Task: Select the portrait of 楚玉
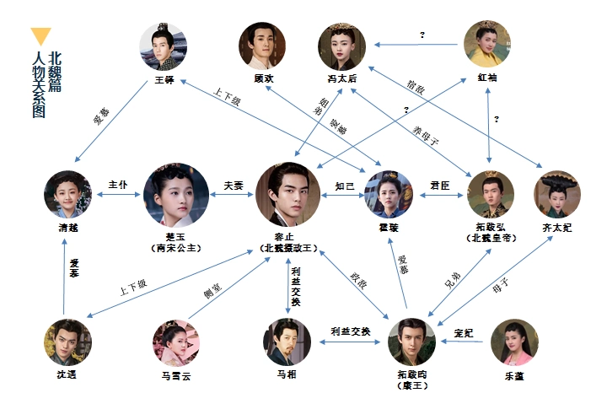tap(176, 195)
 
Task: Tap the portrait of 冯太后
tap(341, 46)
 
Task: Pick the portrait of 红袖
tap(488, 45)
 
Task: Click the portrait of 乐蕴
tap(514, 342)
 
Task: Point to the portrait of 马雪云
tap(175, 342)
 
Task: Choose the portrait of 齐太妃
tap(557, 194)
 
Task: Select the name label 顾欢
tap(264, 78)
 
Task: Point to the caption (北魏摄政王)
tap(289, 250)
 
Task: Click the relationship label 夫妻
tap(233, 185)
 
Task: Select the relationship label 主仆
tap(118, 185)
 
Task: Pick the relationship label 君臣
tap(440, 185)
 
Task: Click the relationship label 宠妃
tap(464, 331)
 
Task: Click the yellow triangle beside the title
tap(40, 37)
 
